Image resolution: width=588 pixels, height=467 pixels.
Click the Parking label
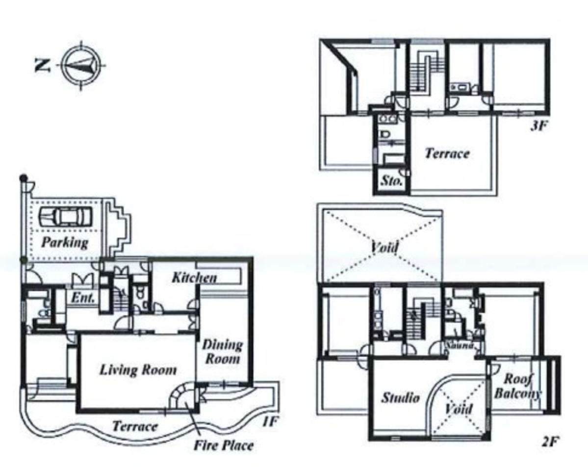pyautogui.click(x=64, y=242)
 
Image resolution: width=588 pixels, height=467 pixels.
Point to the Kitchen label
pyautogui.click(x=194, y=278)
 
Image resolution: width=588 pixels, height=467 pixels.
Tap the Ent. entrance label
pyautogui.click(x=83, y=298)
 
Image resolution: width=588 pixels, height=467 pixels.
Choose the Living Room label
pyautogui.click(x=138, y=369)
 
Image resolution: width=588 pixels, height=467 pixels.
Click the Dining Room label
pyautogui.click(x=222, y=352)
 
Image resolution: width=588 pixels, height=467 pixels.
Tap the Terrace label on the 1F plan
pyautogui.click(x=135, y=426)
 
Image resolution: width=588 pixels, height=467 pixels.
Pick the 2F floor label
pyautogui.click(x=550, y=441)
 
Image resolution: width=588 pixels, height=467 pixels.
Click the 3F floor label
pyautogui.click(x=538, y=126)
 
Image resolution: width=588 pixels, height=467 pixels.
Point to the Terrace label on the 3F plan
pyautogui.click(x=447, y=154)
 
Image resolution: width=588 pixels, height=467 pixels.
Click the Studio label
pyautogui.click(x=400, y=397)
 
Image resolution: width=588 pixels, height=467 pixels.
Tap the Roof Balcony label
pyautogui.click(x=517, y=386)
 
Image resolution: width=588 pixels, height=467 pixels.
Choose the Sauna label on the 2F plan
pyautogui.click(x=459, y=345)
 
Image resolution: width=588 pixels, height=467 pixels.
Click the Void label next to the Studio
pyautogui.click(x=459, y=409)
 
